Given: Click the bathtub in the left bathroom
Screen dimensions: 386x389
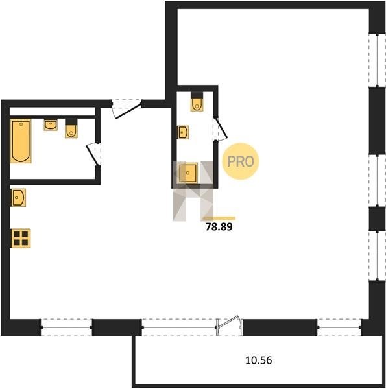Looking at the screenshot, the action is (21, 141).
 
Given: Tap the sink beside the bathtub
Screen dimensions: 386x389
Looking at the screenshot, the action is (51, 124).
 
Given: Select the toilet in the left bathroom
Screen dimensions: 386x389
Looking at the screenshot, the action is (71, 128).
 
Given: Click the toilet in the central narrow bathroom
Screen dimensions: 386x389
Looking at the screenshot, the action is (197, 102).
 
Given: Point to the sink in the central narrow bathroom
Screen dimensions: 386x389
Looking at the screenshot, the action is (183, 132).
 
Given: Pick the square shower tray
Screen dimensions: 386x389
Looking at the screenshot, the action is (188, 172).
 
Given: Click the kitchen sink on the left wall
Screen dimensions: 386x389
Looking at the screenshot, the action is (18, 198).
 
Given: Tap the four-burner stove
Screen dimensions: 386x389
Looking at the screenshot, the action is (21, 238).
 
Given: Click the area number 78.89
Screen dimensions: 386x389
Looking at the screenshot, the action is (219, 227).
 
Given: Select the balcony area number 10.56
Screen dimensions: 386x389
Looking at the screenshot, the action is (259, 360).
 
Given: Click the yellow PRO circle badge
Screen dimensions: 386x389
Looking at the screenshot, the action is (240, 161).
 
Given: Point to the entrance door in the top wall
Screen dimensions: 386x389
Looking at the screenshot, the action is (127, 108).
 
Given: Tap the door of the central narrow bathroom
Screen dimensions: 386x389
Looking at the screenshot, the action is (220, 130).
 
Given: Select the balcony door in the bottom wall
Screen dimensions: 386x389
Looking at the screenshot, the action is (230, 326).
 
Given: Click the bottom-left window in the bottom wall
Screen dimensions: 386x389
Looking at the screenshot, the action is (67, 327).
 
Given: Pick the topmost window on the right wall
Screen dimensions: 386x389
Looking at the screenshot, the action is (378, 60).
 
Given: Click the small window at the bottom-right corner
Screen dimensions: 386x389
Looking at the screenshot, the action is (339, 327).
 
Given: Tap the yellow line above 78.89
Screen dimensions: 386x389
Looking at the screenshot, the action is (219, 218).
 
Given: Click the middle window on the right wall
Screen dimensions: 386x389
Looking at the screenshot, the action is (378, 180).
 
